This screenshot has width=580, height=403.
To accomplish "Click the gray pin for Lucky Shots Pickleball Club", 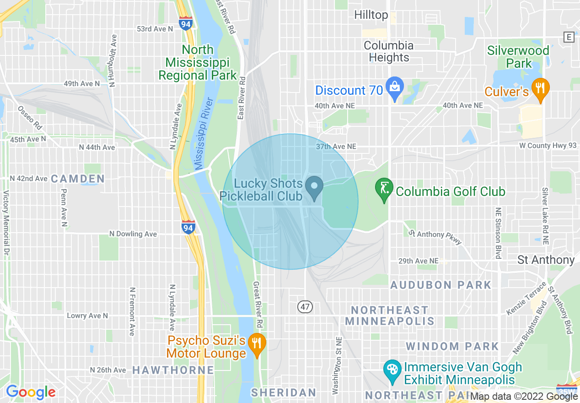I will coord(314,187).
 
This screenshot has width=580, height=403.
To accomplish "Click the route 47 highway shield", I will coord(305,306).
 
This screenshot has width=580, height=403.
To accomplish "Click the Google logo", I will coord(30,392).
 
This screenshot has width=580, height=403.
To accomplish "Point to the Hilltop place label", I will coord(371,15).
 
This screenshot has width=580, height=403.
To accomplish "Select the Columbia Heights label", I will coord(389,51).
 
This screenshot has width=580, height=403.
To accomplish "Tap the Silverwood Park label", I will coord(518,57).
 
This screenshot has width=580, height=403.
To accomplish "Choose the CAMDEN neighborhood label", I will coord(78,179).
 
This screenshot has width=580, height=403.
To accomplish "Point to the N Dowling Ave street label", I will coord(133,234).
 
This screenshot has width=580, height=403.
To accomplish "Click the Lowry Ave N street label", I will coord(87,316).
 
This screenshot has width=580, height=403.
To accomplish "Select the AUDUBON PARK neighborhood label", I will coord(440,285).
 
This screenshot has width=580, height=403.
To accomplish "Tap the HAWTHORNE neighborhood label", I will coord(173,370).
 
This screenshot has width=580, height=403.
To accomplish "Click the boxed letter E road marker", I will coord(569,37).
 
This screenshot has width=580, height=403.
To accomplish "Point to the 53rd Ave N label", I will coord(155,29).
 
